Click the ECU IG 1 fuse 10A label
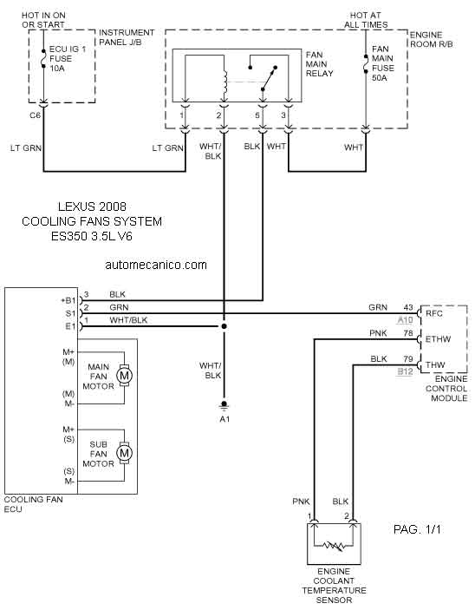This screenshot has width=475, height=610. [x=68, y=59]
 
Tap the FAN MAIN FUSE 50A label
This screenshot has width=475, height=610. [x=382, y=63]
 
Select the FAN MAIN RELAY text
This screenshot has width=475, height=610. [x=319, y=64]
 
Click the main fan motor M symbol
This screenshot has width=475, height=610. [x=125, y=376]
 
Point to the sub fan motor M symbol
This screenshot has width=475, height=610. [x=125, y=453]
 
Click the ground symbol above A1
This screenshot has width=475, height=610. [x=224, y=405]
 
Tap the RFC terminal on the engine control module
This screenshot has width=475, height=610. [x=433, y=313]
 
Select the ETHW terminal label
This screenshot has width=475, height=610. [x=438, y=339]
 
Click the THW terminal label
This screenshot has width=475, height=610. [x=435, y=365]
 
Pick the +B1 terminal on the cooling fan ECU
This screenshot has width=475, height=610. [x=68, y=300]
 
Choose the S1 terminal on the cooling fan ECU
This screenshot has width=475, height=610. [x=70, y=313]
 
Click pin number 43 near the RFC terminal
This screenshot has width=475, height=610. [x=407, y=307]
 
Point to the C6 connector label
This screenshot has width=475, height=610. [x=35, y=115]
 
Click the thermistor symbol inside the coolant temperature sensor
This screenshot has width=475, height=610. [x=335, y=546]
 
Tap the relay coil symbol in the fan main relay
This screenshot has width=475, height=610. [x=224, y=82]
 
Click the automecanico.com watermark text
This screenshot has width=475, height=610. [x=156, y=265]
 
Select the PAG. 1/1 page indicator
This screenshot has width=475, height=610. [x=417, y=529]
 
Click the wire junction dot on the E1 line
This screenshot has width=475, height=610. [x=224, y=326]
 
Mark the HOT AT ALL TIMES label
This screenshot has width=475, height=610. [x=366, y=20]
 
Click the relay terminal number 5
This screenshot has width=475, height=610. [x=257, y=115]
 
